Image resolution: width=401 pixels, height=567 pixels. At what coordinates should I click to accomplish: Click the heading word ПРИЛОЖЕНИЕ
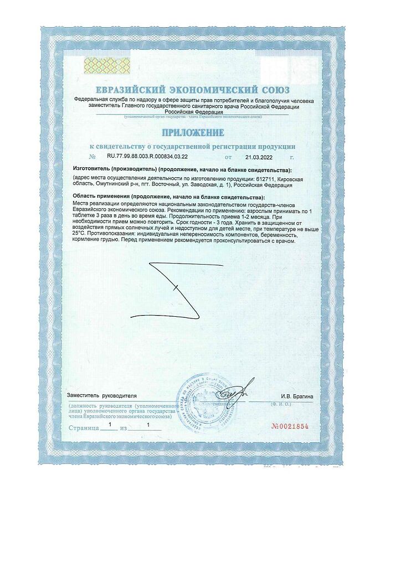pyautogui.click(x=193, y=133)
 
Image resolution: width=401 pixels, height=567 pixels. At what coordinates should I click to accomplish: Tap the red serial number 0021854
pyautogui.click(x=290, y=426)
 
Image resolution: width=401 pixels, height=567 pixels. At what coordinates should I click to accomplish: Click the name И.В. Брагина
pyautogui.click(x=297, y=396)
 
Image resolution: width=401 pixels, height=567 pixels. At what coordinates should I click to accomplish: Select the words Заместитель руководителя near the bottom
pyautogui.click(x=101, y=396)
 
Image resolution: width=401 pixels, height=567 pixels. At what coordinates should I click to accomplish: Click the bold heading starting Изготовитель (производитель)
pyautogui.click(x=182, y=168)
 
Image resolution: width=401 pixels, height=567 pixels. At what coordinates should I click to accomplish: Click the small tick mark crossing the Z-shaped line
pyautogui.click(x=175, y=288)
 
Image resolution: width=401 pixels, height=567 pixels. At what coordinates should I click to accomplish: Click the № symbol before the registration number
pyautogui.click(x=84, y=157)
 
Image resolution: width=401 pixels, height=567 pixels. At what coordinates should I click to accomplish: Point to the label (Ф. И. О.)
pyautogui.click(x=282, y=405)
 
